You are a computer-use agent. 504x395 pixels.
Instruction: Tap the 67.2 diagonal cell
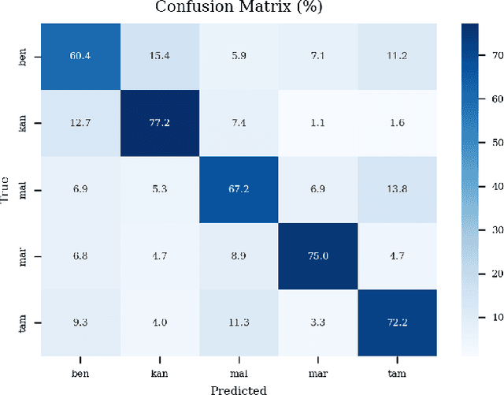click(x=238, y=189)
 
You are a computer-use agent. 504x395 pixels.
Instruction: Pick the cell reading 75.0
click(x=317, y=256)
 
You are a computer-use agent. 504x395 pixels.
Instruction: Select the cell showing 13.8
click(x=396, y=189)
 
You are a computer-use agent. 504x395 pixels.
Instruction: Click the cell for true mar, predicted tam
click(x=396, y=256)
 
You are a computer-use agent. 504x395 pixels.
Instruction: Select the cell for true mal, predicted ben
click(x=80, y=189)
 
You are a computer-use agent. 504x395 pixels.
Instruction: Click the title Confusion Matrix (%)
click(x=238, y=8)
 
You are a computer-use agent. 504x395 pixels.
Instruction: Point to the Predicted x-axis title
click(x=238, y=389)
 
